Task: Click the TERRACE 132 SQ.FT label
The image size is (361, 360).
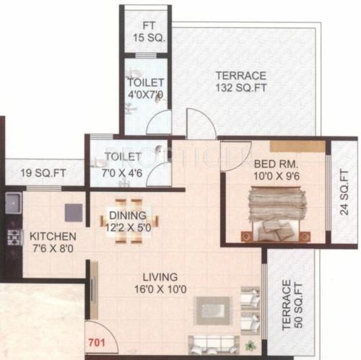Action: click(x=240, y=82)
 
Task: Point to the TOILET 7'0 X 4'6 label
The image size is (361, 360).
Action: click(x=122, y=162)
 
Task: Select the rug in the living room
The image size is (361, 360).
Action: click(x=214, y=311)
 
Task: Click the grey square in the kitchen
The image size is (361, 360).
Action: click(x=73, y=212)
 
